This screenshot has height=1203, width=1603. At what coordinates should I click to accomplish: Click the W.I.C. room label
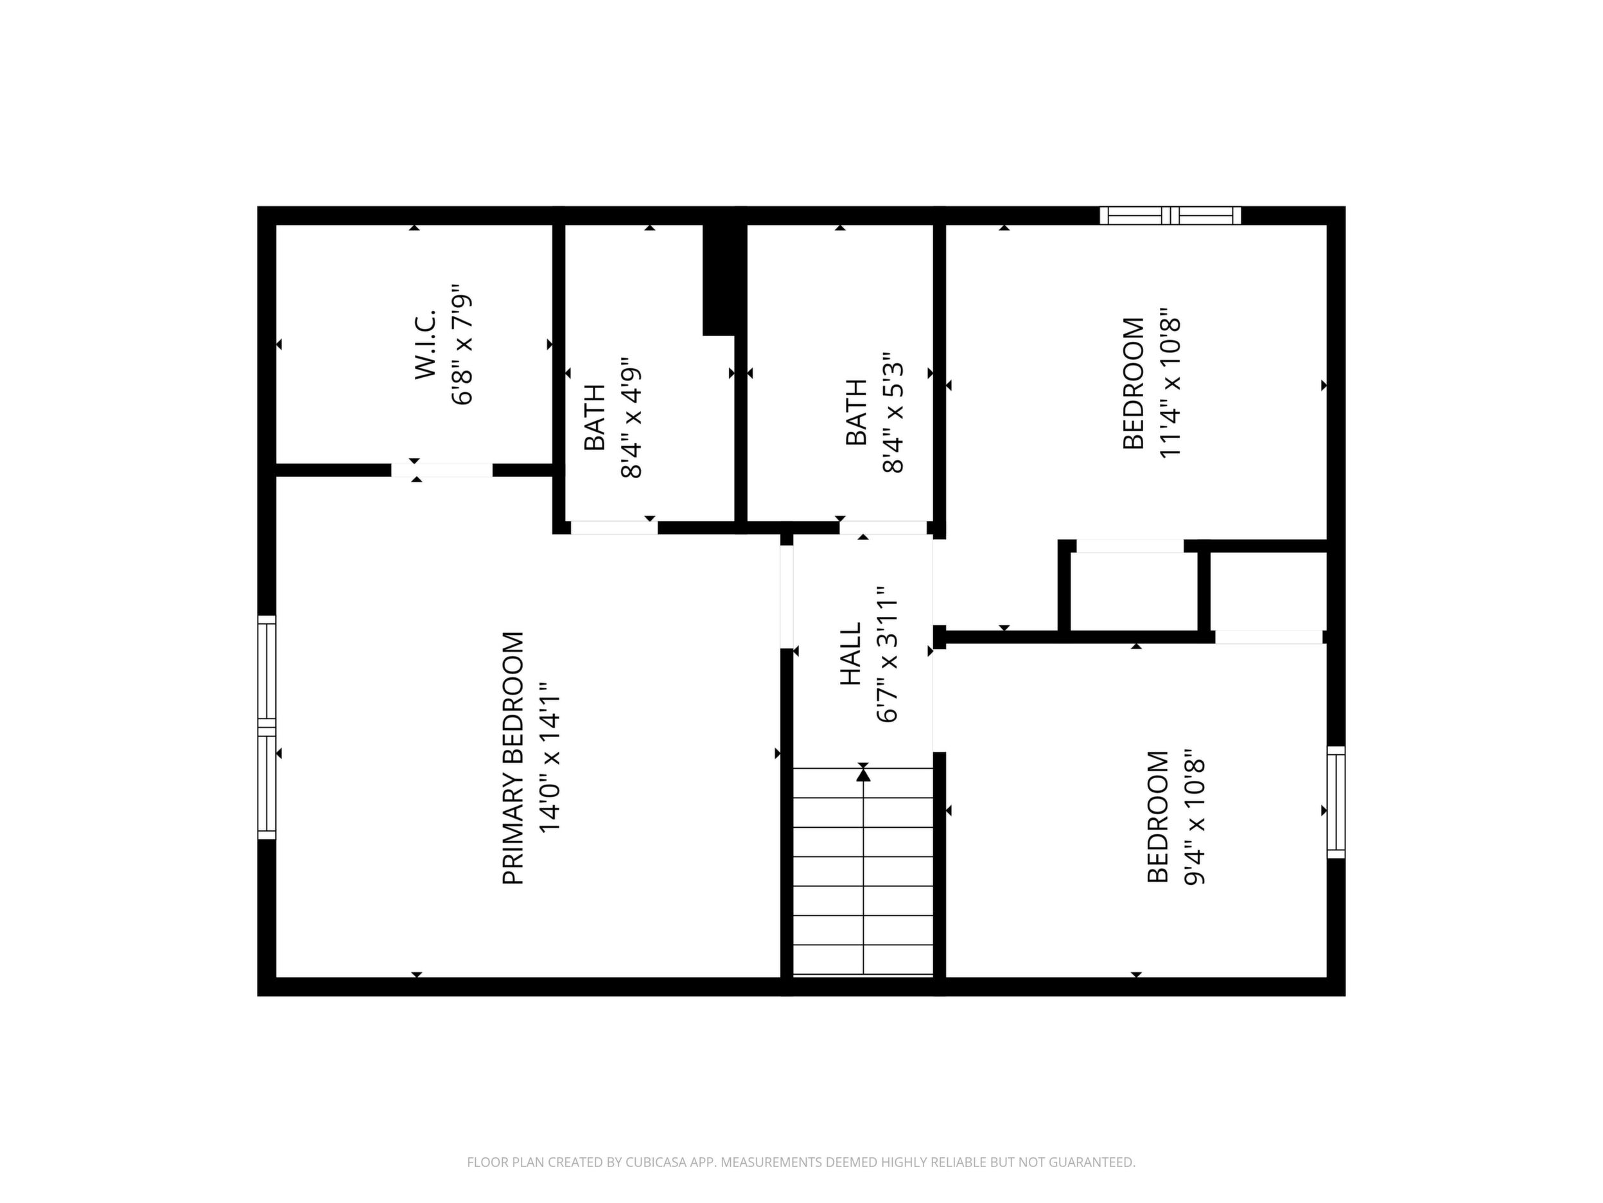coord(425,344)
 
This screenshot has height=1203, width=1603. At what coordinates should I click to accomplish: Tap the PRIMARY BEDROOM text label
coord(513,758)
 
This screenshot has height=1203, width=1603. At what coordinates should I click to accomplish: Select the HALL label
coord(850,654)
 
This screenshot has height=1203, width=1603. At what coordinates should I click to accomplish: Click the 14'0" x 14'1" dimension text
coord(550,758)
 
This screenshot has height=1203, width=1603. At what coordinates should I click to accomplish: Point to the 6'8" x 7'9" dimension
coord(462,344)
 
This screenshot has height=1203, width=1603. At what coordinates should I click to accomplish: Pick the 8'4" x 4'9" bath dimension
coord(632,417)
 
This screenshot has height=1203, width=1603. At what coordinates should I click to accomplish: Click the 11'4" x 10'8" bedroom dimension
coord(1170,386)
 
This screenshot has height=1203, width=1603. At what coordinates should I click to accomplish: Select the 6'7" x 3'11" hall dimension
coord(887,654)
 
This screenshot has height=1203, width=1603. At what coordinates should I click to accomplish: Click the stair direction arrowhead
coord(863,774)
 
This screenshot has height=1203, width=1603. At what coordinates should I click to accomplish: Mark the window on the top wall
coord(1170,215)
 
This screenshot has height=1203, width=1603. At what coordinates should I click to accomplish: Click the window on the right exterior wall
coord(1336,802)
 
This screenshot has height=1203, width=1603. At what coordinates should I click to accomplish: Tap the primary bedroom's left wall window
coord(267,727)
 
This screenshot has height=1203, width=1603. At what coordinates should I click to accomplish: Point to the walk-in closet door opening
coord(442,470)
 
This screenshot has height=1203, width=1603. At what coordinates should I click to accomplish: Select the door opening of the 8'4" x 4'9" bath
coord(615,528)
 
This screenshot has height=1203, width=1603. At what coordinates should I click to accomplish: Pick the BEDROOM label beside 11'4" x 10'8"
coord(1134,384)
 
